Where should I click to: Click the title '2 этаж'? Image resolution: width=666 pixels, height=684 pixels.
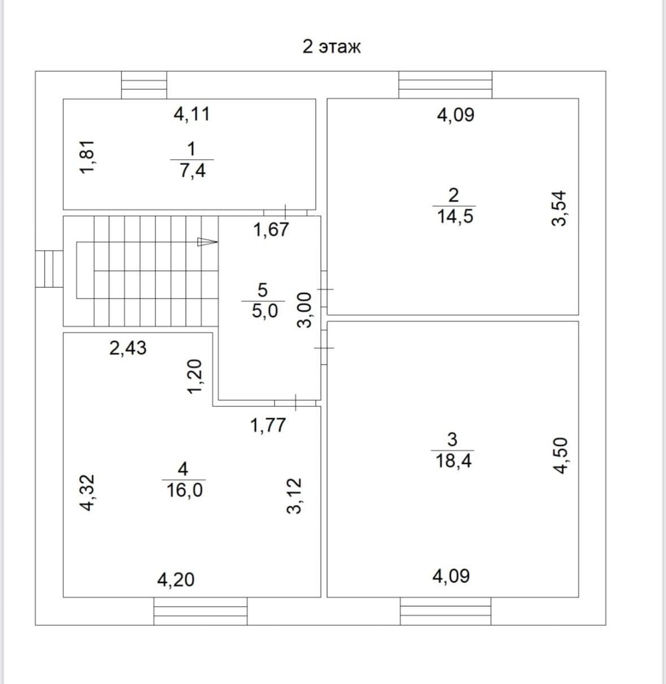[332, 47]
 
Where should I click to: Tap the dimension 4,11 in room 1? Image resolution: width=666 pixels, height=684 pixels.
[191, 114]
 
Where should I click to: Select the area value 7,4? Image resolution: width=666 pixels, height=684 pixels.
[193, 171]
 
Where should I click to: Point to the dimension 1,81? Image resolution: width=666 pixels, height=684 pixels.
[87, 157]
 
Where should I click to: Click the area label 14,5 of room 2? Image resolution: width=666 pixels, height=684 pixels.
[455, 216]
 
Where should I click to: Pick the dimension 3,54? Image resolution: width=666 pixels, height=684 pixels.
[559, 208]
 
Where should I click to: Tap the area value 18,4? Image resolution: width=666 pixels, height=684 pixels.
[453, 461]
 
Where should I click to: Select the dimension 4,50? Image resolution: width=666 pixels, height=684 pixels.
[560, 455]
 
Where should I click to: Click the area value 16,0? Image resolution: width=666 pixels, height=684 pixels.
[184, 490]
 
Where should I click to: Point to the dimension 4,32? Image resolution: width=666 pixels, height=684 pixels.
[87, 493]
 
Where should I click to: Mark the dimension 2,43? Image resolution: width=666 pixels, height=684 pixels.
[128, 348]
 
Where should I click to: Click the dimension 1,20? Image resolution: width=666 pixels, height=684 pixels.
[195, 376]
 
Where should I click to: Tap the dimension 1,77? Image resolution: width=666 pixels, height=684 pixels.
[268, 425]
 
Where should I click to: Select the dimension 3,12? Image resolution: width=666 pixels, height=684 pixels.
[294, 496]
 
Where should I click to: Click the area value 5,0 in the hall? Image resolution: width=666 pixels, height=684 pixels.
[264, 311]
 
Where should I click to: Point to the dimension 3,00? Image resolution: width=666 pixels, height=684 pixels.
[304, 310]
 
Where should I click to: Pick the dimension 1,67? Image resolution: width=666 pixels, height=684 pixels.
[271, 230]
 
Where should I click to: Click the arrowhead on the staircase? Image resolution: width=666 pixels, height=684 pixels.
[207, 242]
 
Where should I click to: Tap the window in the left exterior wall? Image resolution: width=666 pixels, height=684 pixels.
[49, 269]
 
